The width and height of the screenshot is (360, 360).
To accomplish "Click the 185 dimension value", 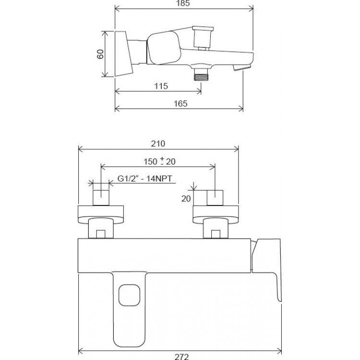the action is pyautogui.click(x=183, y=3).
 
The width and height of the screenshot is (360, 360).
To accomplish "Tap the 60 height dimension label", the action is pyautogui.click(x=100, y=54).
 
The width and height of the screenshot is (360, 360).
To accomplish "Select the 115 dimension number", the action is pyautogui.click(x=161, y=86).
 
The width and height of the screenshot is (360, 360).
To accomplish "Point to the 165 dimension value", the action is pyautogui.click(x=180, y=104).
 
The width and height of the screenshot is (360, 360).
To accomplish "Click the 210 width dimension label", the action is pyautogui.click(x=158, y=144).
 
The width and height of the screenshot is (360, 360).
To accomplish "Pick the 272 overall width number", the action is pyautogui.click(x=181, y=357).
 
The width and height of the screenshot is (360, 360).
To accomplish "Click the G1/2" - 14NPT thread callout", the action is pyautogui.click(x=144, y=179).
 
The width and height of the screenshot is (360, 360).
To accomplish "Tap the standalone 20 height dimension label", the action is pyautogui.click(x=186, y=199).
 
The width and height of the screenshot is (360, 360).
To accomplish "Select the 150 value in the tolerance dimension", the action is pyautogui.click(x=150, y=162).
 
